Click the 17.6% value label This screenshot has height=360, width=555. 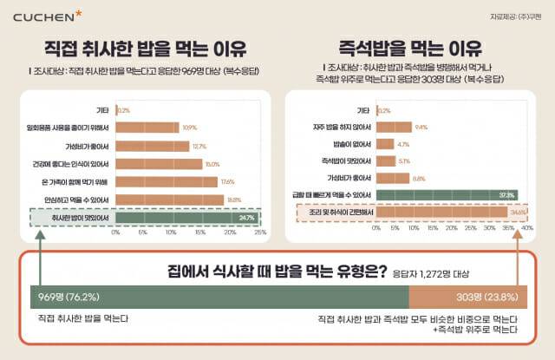coord(227,181)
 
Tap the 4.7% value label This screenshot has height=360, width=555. coord(403,144)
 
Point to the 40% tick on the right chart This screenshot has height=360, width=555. coord(526,227)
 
